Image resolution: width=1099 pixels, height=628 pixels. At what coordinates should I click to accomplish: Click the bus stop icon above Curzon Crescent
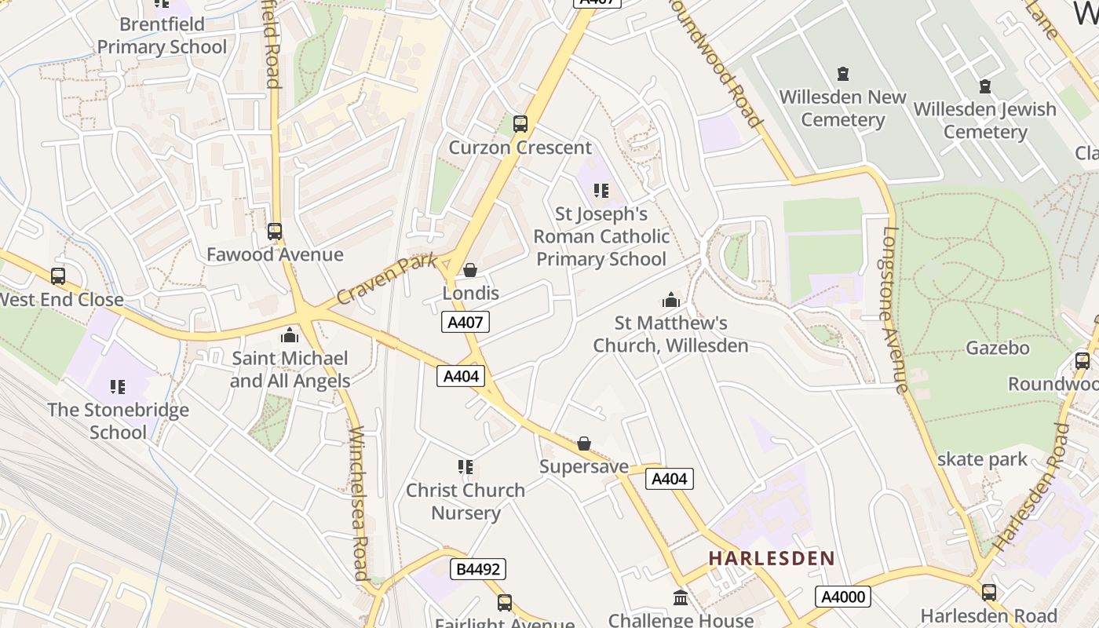click(x=520, y=123)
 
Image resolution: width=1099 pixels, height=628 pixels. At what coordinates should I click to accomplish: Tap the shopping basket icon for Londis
click(x=470, y=270)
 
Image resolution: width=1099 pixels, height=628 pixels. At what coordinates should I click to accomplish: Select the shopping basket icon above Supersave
click(x=584, y=444)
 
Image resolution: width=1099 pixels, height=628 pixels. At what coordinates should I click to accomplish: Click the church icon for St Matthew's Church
click(x=670, y=300)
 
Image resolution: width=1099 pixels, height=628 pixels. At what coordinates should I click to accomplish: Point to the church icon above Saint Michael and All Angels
click(x=290, y=335)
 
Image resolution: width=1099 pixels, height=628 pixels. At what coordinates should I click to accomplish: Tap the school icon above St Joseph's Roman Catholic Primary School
click(x=601, y=190)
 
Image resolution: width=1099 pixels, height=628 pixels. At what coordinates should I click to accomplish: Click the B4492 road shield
click(x=477, y=569)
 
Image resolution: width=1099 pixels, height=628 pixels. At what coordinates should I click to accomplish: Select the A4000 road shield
click(x=844, y=597)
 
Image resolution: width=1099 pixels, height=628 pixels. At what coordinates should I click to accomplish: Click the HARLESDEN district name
click(x=772, y=559)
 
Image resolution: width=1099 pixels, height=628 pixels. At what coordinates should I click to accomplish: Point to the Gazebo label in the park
click(x=997, y=348)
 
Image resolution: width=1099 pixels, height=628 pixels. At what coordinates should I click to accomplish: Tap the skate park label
click(x=982, y=459)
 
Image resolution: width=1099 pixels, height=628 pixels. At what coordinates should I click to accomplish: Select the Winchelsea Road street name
click(x=359, y=502)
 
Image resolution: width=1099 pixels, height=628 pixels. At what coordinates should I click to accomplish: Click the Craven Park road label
click(x=386, y=279)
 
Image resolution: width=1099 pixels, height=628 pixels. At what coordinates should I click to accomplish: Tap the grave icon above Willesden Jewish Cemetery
click(x=984, y=86)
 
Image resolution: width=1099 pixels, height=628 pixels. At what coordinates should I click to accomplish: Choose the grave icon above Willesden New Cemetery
click(x=843, y=74)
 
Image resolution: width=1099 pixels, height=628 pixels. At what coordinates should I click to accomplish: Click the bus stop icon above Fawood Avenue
click(x=274, y=232)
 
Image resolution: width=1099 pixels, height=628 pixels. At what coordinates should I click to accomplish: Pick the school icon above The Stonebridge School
click(x=118, y=386)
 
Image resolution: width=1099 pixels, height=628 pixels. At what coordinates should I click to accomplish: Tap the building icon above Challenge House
click(x=681, y=598)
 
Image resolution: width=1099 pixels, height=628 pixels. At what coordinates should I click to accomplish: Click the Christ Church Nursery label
click(x=466, y=501)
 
